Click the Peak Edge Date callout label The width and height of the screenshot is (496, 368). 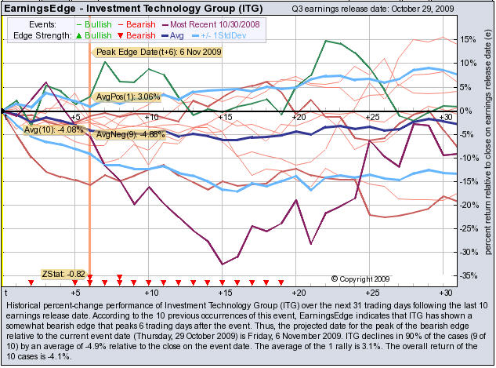(158, 52)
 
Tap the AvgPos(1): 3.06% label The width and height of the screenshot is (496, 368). (127, 97)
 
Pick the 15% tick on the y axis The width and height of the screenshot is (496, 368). (465, 40)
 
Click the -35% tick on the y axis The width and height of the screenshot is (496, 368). (465, 275)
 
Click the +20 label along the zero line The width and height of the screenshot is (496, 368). (299, 117)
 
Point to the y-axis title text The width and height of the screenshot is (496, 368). (487, 149)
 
